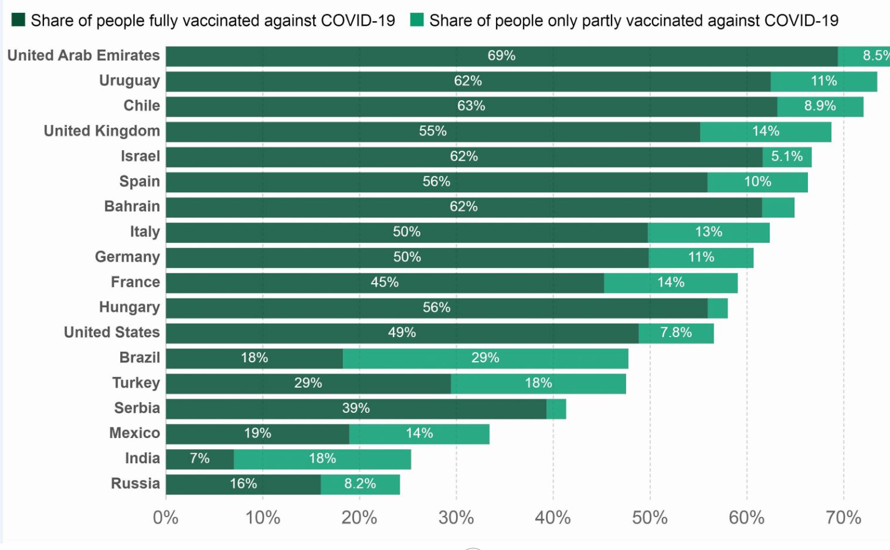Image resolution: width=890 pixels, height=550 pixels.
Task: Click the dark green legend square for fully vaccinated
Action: (x=18, y=20)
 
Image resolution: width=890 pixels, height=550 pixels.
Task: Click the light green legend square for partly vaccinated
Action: (x=417, y=20)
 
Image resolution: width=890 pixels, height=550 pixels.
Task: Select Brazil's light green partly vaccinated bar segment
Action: (x=485, y=358)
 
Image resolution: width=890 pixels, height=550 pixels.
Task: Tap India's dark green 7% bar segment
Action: (x=200, y=459)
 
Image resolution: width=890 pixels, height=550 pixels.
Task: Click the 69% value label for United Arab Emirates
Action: (x=501, y=56)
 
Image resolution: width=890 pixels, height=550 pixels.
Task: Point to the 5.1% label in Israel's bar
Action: (x=786, y=157)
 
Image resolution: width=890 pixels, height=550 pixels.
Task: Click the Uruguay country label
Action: (x=129, y=81)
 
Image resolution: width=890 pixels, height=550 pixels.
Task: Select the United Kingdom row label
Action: (x=101, y=131)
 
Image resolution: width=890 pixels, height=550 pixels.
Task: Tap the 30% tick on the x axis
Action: (x=456, y=518)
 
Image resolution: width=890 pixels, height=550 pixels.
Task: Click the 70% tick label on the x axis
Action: (x=843, y=518)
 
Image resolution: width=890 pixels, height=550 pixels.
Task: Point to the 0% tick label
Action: (x=165, y=518)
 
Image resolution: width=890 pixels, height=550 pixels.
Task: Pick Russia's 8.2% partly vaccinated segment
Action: (x=360, y=484)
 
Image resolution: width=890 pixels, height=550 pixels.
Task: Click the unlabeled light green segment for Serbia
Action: (x=556, y=409)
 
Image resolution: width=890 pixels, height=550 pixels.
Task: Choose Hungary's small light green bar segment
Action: (x=718, y=308)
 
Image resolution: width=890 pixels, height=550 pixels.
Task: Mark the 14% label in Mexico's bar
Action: (x=419, y=434)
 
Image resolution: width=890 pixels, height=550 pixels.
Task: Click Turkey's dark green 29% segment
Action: (x=308, y=383)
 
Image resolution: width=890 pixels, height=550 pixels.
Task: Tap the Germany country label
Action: (x=127, y=257)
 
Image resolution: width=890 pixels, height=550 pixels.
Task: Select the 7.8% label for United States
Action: (x=675, y=333)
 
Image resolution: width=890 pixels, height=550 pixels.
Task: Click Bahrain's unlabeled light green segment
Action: (x=778, y=207)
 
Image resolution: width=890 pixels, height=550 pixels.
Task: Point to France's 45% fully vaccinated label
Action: (x=385, y=283)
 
